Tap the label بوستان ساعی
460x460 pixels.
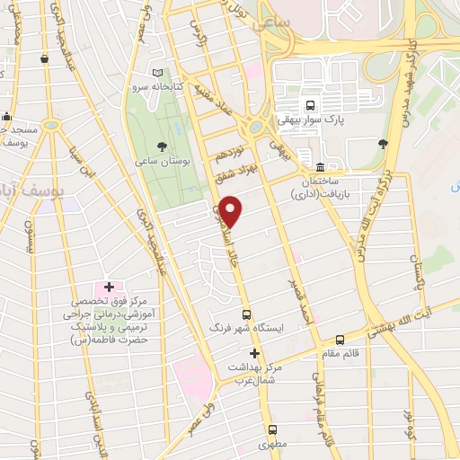160,160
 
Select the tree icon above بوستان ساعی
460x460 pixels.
161,145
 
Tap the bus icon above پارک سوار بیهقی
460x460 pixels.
310,104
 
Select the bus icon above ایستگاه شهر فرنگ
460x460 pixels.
246,314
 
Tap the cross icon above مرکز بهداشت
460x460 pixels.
254,354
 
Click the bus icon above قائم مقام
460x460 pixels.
340,340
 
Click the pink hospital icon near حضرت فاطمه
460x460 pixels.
109,287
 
